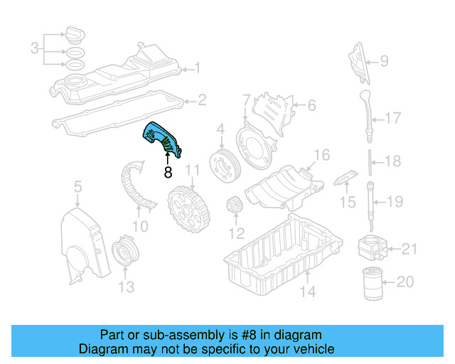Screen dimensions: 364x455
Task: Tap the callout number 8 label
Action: (168, 171)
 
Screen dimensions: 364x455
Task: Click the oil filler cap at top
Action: (75, 35)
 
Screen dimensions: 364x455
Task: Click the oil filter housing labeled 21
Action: (372, 247)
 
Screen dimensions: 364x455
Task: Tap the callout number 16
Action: (322, 154)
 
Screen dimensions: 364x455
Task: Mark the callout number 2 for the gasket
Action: (202, 100)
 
